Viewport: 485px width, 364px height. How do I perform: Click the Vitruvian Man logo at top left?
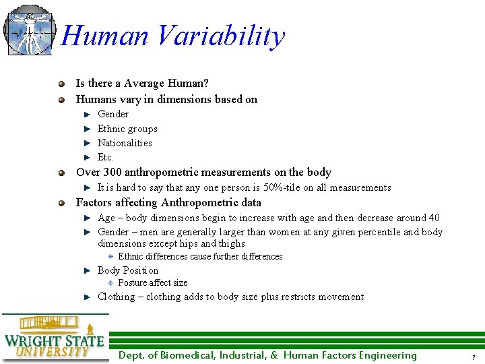point(28,30)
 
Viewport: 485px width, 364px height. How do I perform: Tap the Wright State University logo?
point(54,337)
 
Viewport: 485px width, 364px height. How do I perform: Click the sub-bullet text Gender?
point(113,114)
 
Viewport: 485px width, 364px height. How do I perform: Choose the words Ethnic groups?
point(127,129)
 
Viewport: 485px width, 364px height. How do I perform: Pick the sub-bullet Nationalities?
point(125,143)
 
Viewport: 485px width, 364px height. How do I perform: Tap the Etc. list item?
point(106,157)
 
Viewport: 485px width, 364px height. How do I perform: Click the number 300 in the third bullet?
point(113,173)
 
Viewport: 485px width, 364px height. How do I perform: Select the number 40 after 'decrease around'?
point(434,218)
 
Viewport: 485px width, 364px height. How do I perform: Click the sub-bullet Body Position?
point(128,270)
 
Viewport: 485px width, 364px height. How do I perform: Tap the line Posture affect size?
point(153,283)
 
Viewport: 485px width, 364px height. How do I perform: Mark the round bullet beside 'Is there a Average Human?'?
point(61,84)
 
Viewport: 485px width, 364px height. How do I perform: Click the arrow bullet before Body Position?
point(87,271)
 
